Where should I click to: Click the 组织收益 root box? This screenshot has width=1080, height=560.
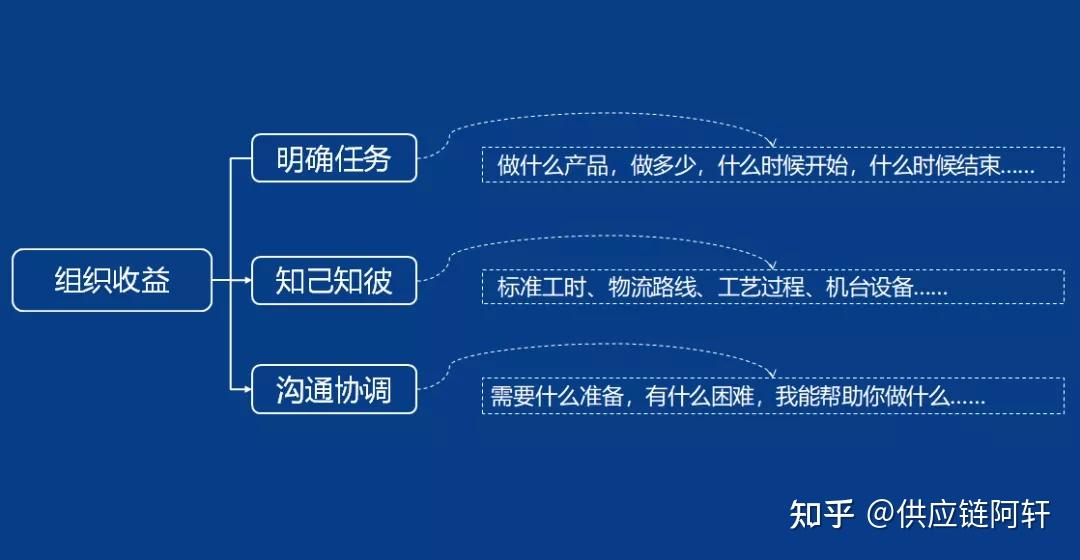(x=112, y=280)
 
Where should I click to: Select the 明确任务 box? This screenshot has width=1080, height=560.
(x=334, y=158)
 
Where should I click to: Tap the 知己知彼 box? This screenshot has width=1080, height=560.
(x=334, y=281)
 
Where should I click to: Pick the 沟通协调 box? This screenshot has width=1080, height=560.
(x=334, y=390)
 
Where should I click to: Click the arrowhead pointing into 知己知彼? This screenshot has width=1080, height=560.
(x=246, y=281)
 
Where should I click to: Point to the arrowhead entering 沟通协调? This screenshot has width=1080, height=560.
(x=246, y=390)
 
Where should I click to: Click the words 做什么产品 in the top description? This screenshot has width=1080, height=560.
(x=553, y=166)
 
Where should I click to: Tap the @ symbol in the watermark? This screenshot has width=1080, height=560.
(x=879, y=515)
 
